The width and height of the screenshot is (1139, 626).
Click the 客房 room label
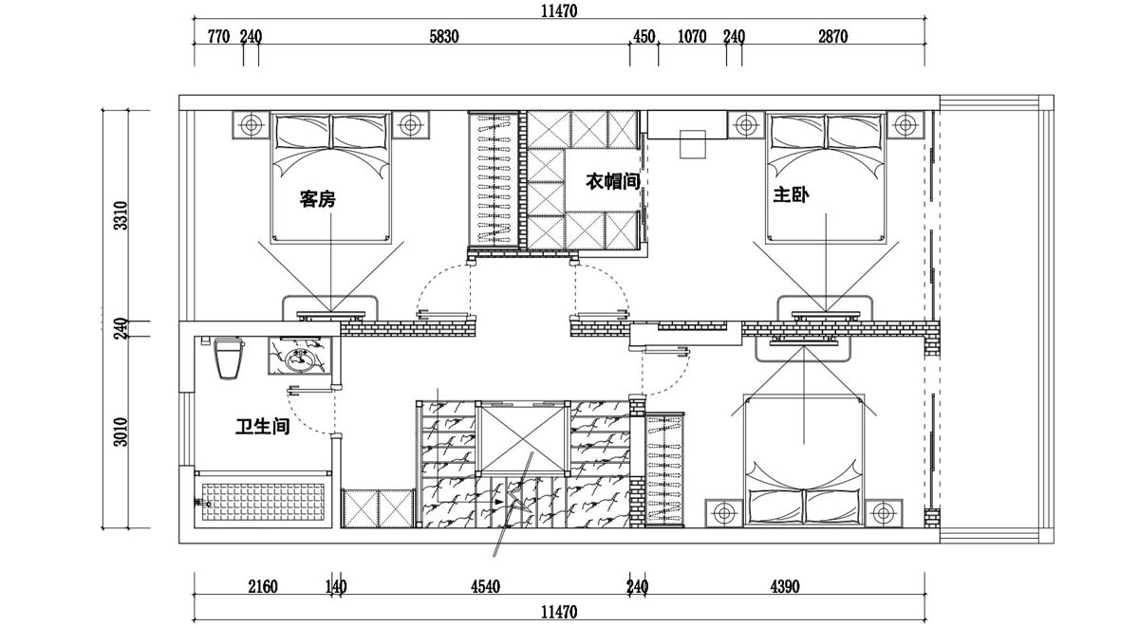pyautogui.click(x=318, y=199)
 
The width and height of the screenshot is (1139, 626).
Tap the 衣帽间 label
pyautogui.click(x=612, y=181)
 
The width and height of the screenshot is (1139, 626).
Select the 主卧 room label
pyautogui.click(x=792, y=194)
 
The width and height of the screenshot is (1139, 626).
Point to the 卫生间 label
pyautogui.click(x=262, y=426)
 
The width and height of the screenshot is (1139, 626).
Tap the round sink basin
pyautogui.click(x=300, y=360)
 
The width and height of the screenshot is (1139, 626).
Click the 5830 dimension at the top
pyautogui.click(x=444, y=37)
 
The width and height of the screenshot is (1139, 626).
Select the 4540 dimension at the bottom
pyautogui.click(x=486, y=587)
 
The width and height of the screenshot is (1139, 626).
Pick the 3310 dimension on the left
pyautogui.click(x=121, y=215)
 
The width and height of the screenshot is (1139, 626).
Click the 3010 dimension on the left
pyautogui.click(x=121, y=432)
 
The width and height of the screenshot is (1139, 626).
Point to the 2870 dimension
pyautogui.click(x=833, y=37)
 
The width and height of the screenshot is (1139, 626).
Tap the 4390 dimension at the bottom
pyautogui.click(x=785, y=587)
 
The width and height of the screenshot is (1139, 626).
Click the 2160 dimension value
pyautogui.click(x=263, y=587)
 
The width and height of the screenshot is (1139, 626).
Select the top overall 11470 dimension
pyautogui.click(x=559, y=10)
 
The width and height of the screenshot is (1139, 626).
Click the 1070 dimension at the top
pyautogui.click(x=692, y=37)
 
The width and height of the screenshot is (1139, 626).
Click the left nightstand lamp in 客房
pyautogui.click(x=251, y=124)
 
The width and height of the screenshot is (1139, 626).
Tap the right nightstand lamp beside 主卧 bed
pyautogui.click(x=906, y=124)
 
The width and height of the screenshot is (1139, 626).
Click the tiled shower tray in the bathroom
pyautogui.click(x=263, y=502)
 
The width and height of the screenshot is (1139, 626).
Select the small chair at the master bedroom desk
pyautogui.click(x=693, y=144)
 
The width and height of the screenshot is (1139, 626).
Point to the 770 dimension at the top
pyautogui.click(x=219, y=37)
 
